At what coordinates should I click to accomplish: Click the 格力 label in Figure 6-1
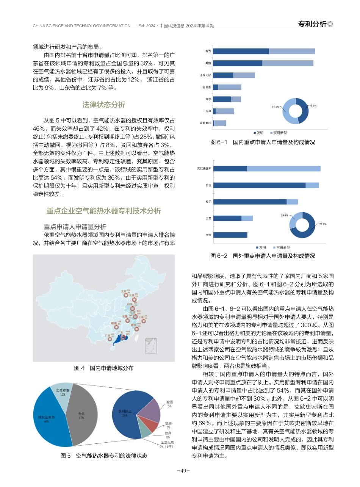click(208, 51)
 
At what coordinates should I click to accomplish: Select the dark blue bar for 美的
click(238, 63)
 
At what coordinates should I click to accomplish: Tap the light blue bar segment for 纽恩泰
click(230, 87)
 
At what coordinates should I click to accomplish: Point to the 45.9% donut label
click(313, 106)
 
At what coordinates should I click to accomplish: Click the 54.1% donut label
click(275, 106)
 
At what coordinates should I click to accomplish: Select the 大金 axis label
click(208, 235)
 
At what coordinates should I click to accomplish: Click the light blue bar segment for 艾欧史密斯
click(284, 169)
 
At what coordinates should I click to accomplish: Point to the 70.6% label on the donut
click(322, 224)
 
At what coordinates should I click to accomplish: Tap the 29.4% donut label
click(284, 215)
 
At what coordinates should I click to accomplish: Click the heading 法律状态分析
click(103, 105)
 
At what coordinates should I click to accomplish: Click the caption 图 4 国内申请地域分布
click(104, 368)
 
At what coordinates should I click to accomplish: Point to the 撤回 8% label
click(169, 403)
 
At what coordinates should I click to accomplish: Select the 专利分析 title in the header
click(312, 24)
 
